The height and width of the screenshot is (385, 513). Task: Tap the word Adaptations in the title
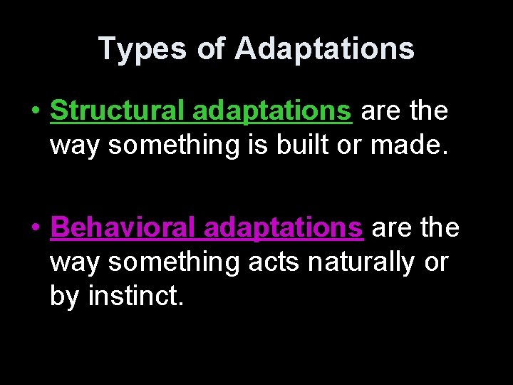(x=324, y=48)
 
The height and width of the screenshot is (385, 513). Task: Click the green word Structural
(x=118, y=111)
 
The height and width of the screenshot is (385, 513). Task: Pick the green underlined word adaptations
(x=272, y=111)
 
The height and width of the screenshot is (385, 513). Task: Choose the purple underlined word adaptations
(x=284, y=227)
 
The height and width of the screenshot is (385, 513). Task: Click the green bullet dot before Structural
(x=34, y=112)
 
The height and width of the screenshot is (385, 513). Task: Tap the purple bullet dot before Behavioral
(x=34, y=229)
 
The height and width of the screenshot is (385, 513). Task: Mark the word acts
(x=274, y=262)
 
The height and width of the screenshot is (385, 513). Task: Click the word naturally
(x=361, y=262)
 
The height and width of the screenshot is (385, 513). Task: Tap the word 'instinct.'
(x=136, y=295)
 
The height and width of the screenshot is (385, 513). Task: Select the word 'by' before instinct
(x=65, y=295)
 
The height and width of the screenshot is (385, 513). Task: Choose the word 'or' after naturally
(x=435, y=262)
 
